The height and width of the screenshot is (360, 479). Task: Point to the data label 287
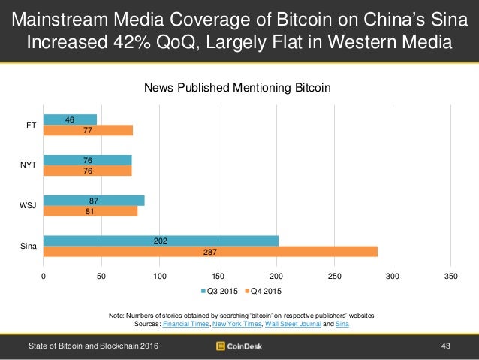tap(210, 251)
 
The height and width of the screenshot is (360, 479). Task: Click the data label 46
tap(70, 119)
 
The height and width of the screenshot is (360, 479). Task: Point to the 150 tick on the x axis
tap(218, 277)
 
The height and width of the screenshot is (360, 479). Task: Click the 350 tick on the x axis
tap(450, 277)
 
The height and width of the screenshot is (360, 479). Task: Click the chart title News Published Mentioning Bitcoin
tap(237, 89)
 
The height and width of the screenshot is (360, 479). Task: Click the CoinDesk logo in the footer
tap(239, 346)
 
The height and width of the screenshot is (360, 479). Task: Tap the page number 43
tap(446, 346)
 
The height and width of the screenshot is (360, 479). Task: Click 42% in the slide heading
tap(147, 42)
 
